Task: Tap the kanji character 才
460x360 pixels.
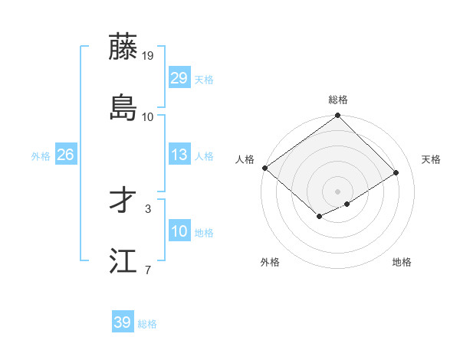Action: (x=123, y=201)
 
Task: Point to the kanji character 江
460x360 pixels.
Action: (x=123, y=261)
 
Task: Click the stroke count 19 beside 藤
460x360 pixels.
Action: (x=148, y=55)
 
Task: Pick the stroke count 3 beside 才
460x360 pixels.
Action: (x=148, y=208)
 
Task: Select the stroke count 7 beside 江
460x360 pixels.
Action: (x=148, y=270)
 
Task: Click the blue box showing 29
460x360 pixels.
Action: (x=179, y=78)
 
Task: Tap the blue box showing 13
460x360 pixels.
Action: (x=179, y=155)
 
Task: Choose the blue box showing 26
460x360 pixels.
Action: (x=65, y=155)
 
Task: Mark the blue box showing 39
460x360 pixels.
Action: (x=123, y=322)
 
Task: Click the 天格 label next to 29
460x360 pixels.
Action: (x=204, y=80)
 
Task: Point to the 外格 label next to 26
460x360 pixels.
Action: (x=41, y=156)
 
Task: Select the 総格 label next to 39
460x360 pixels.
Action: (x=147, y=324)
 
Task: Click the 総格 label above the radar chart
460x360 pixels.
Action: (x=338, y=100)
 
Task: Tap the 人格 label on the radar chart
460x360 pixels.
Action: (x=245, y=159)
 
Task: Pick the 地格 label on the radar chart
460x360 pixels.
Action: (x=402, y=262)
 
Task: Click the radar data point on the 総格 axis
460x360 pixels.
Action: (x=338, y=116)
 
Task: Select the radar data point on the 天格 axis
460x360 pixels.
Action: (x=396, y=173)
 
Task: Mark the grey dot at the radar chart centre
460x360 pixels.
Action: (x=338, y=191)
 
